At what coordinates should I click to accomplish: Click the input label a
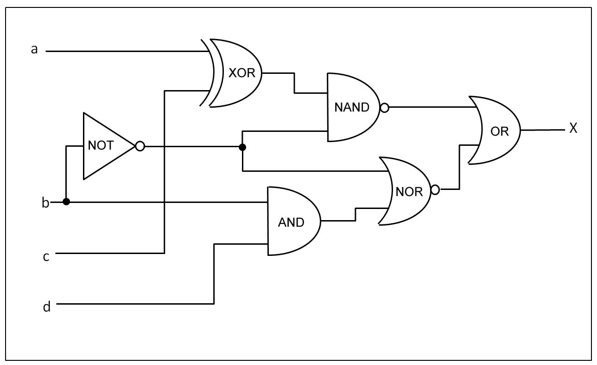click(34, 50)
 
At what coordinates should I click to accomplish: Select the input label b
click(45, 203)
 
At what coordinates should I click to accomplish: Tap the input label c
click(46, 256)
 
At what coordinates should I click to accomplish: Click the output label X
click(573, 129)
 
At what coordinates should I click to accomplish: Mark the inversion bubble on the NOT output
click(140, 146)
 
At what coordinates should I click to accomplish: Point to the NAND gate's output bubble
click(384, 108)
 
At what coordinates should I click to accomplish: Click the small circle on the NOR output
click(435, 190)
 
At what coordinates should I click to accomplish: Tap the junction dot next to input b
click(66, 202)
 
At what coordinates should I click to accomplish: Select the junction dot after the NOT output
click(242, 147)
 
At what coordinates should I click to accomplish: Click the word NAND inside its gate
click(351, 107)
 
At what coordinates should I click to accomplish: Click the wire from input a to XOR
click(125, 51)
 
